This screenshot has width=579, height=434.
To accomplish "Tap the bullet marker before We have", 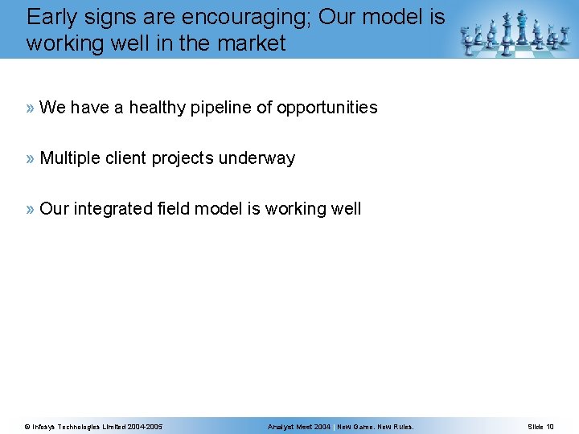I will tap(31, 108).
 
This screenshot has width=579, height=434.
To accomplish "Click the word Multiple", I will tap(70, 158).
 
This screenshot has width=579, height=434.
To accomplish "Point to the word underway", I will tap(259, 158).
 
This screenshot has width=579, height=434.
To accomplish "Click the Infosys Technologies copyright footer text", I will tap(93, 426).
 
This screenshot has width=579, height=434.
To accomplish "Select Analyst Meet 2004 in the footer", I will tap(299, 426).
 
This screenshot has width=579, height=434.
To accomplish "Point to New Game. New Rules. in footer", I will tap(376, 426).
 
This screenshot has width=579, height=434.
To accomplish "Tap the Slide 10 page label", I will tap(540, 426).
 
